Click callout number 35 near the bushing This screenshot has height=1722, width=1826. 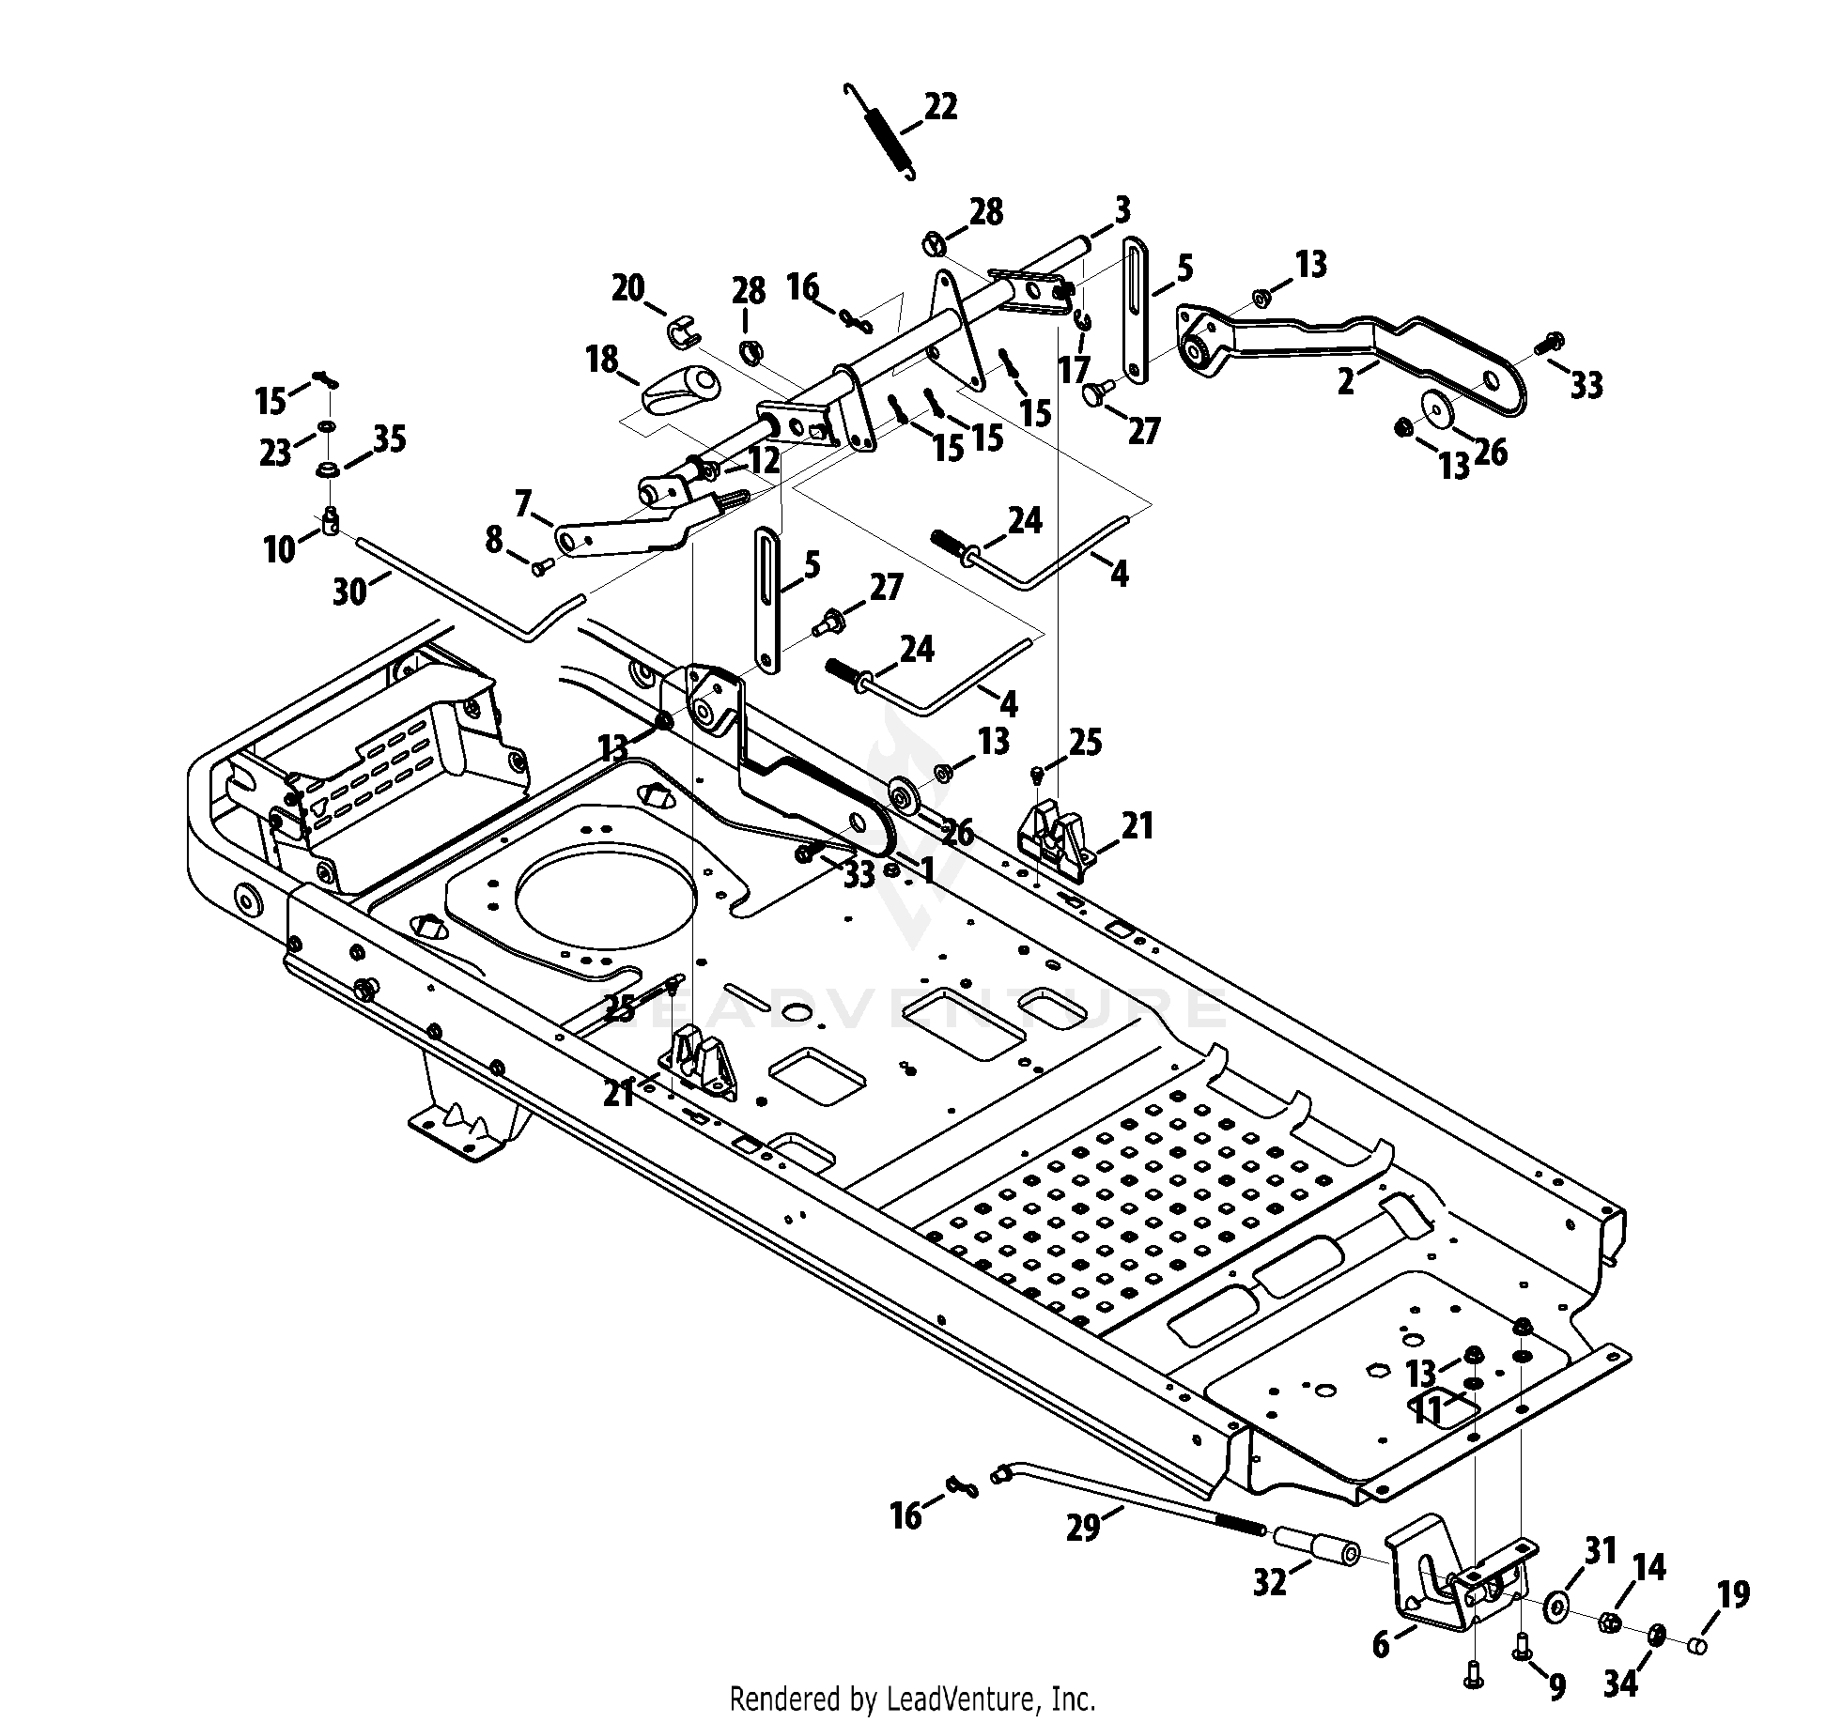coord(390,439)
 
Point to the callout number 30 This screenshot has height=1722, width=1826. coord(351,592)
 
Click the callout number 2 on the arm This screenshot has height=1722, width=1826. coord(1345,382)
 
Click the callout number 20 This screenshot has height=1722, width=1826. coord(628,287)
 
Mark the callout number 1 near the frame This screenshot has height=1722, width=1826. coord(928,871)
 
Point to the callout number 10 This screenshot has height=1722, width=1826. coord(280,549)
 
